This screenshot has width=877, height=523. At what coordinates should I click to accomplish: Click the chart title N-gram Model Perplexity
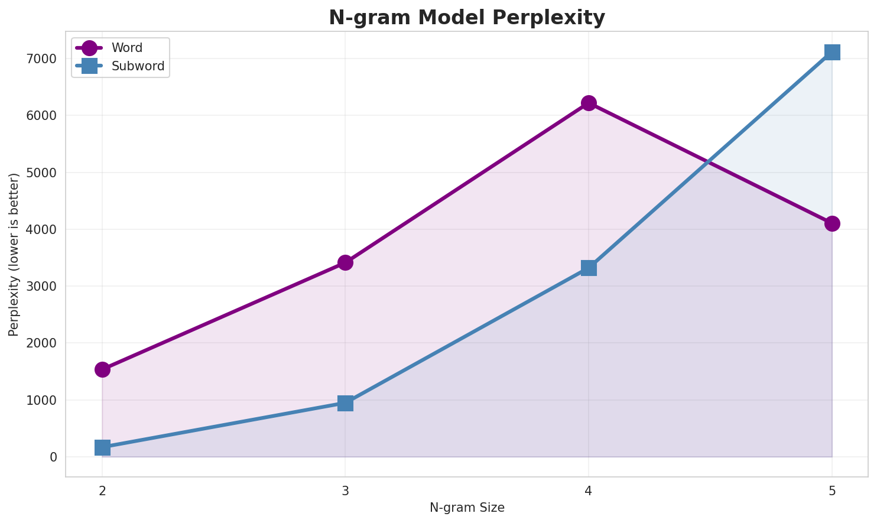coord(467,18)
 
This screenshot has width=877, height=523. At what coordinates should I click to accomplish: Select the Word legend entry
coord(126,48)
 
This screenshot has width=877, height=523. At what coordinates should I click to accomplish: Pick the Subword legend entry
coord(138,66)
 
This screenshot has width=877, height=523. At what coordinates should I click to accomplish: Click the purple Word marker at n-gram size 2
coord(102,369)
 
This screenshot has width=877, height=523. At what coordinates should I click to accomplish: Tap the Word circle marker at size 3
coord(346,262)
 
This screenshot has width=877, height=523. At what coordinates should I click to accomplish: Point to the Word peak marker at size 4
coord(589,103)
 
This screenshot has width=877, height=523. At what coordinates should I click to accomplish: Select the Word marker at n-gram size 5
coord(832,223)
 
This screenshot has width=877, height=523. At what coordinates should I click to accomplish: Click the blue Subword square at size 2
coord(102,447)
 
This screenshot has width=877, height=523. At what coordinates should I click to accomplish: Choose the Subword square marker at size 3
coord(346,403)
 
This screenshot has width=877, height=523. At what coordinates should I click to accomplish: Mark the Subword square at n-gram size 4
coord(589,268)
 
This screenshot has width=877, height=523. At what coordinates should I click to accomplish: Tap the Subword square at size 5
coord(832,52)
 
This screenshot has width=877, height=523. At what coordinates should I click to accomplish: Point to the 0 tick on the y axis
coord(53,457)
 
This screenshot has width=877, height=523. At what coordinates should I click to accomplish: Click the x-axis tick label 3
coord(346,490)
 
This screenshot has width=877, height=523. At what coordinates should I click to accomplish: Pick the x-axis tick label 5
coord(832,490)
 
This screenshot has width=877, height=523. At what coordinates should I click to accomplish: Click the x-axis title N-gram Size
coord(467,508)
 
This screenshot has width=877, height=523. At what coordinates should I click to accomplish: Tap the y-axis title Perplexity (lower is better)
coord(14,254)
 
